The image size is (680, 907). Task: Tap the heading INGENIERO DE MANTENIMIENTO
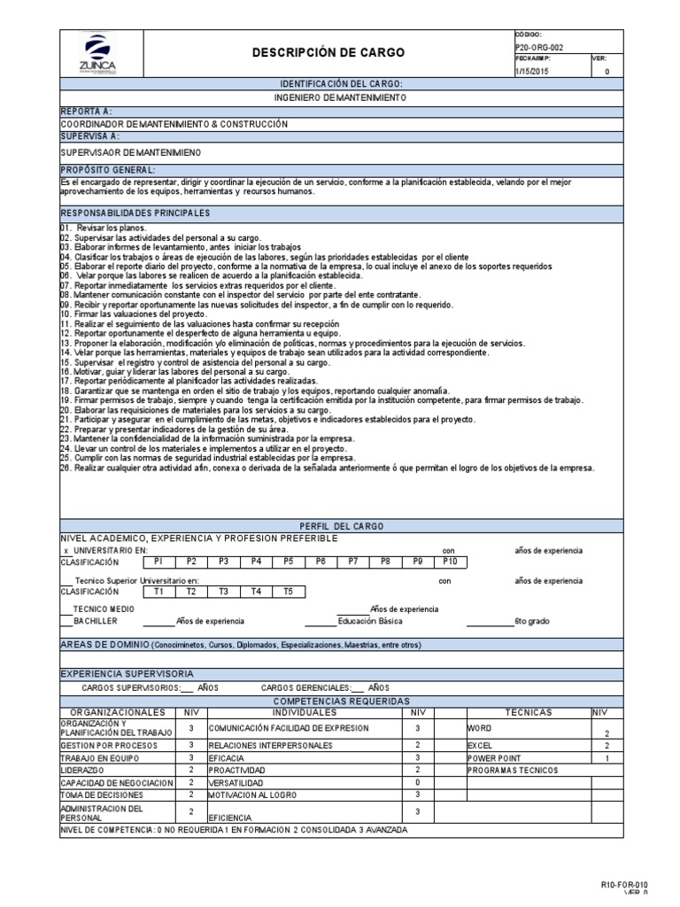[x=341, y=97]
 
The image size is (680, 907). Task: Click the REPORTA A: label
[x=86, y=111]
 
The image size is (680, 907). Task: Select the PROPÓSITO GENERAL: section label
[x=108, y=168]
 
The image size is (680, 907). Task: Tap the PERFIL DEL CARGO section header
[x=341, y=525]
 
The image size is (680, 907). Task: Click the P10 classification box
[x=450, y=562]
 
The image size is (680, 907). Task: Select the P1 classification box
[x=158, y=562]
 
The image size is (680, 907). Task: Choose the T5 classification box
[x=288, y=592]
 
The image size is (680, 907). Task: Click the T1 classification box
[x=158, y=592]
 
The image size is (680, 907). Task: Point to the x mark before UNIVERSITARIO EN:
[x=66, y=550]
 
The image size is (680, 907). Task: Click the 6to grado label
[x=532, y=621]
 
